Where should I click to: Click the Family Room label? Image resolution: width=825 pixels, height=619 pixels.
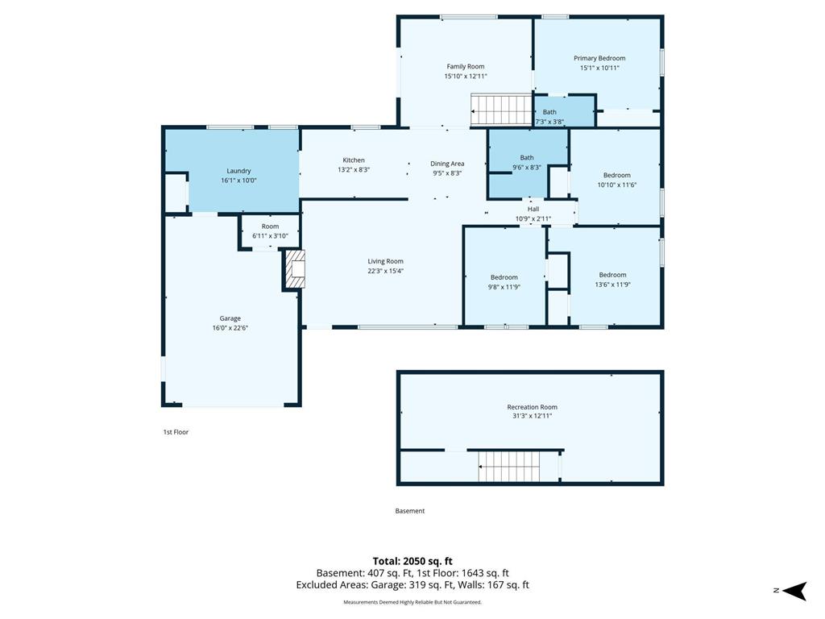[x=465, y=66]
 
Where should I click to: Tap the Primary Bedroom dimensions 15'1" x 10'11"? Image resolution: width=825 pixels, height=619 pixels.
[x=599, y=68]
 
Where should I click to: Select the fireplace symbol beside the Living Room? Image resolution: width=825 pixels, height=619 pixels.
[x=295, y=269]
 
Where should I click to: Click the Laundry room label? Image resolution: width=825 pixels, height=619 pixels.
[x=238, y=171]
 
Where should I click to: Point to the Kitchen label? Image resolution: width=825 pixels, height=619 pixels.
[x=354, y=160]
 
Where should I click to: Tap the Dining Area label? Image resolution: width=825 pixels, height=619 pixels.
[x=447, y=164]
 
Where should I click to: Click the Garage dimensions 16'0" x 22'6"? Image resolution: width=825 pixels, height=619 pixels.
[x=230, y=328]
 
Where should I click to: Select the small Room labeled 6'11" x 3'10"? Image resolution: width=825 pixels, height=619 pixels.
[x=270, y=231]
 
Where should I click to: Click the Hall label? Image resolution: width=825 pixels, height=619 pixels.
[x=533, y=209]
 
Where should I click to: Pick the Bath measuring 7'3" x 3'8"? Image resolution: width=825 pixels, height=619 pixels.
[x=564, y=111]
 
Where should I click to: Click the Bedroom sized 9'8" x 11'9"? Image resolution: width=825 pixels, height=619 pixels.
[x=504, y=277]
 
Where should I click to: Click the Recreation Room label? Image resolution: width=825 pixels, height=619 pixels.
[x=532, y=407]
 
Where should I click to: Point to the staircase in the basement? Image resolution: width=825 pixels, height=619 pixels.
[x=509, y=467]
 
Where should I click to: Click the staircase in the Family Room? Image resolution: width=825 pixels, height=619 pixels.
[x=501, y=110]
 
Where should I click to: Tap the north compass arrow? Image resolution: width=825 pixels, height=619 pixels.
[x=794, y=591]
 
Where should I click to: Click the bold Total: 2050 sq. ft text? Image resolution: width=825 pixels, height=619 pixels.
[x=412, y=561]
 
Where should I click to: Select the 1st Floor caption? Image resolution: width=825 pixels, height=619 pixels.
[x=176, y=432]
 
